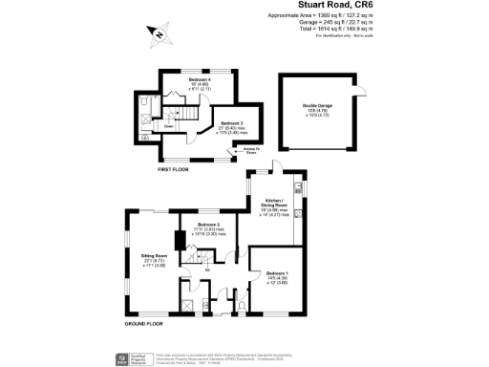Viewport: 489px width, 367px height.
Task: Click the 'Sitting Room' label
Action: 155,258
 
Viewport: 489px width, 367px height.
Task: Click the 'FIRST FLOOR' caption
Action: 177,168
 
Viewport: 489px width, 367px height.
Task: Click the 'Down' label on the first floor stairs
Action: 169,125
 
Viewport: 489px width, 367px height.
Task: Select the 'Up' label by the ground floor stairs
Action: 207,270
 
